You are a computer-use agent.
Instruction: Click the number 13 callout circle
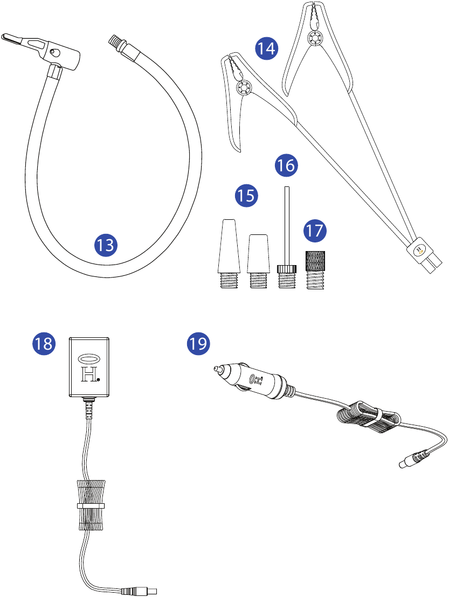pyautogui.click(x=106, y=245)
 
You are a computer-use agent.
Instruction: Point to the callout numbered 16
pyautogui.click(x=286, y=165)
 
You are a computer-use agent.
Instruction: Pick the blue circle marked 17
pyautogui.click(x=314, y=231)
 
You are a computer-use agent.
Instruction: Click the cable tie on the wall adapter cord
pyautogui.click(x=90, y=506)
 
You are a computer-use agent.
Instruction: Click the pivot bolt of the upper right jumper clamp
pyautogui.click(x=313, y=38)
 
